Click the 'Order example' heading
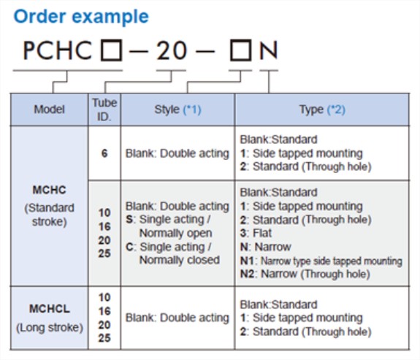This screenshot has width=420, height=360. [x=81, y=17]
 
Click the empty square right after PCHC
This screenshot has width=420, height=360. [x=112, y=50]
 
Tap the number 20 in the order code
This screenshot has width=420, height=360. [x=172, y=50]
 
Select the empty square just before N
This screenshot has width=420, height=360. [x=241, y=50]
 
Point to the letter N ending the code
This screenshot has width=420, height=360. [x=268, y=50]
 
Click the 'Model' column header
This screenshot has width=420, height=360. [x=49, y=110]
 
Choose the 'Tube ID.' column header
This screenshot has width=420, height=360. [x=104, y=110]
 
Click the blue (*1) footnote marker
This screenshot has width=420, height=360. [x=192, y=110]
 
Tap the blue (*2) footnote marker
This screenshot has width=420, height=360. [x=336, y=110]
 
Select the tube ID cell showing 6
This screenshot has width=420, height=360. [x=104, y=153]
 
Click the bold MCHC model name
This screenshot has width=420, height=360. [x=49, y=190]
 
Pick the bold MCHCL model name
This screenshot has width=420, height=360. [x=50, y=309]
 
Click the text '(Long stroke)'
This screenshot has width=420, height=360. [x=50, y=327]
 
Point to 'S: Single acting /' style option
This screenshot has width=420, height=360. [x=168, y=219]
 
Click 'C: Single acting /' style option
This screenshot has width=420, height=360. [x=169, y=247]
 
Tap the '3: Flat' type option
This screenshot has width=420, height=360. [x=256, y=233]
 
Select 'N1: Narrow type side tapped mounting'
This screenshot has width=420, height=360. [x=321, y=261]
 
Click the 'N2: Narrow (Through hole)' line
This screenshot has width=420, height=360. [x=305, y=274]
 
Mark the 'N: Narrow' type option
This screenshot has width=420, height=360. [x=265, y=247]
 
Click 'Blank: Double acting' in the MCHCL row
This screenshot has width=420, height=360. [x=177, y=318]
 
